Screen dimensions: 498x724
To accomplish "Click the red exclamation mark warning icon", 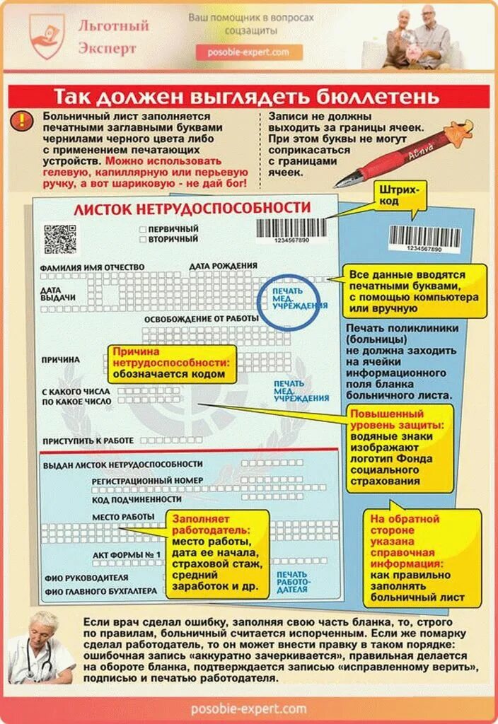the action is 23,119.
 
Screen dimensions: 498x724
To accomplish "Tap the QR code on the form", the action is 59,239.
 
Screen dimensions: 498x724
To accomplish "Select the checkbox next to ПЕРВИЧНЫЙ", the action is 143,229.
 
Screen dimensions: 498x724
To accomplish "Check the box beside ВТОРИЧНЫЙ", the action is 143,240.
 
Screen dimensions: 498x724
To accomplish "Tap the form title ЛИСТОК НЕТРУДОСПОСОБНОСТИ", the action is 192,208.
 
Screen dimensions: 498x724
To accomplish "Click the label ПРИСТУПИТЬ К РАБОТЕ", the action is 88,440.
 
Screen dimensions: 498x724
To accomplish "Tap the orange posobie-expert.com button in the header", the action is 249,53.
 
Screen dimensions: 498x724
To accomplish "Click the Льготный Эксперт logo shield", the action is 47,36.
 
